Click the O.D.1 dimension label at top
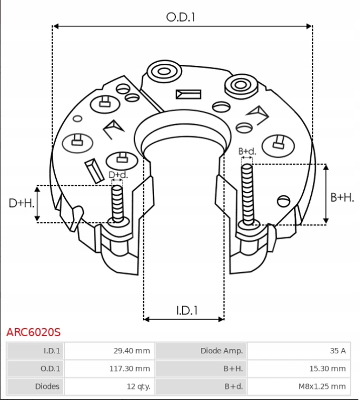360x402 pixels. click(180, 17)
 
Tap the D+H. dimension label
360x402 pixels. click(22, 203)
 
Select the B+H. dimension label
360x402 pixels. click(342, 198)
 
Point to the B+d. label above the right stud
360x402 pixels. click(247, 151)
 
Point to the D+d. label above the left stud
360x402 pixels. click(118, 175)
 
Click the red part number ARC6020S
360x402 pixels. click(34, 331)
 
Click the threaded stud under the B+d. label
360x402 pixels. click(247, 195)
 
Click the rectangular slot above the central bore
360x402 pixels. click(188, 94)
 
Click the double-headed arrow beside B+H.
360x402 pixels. click(326, 194)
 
